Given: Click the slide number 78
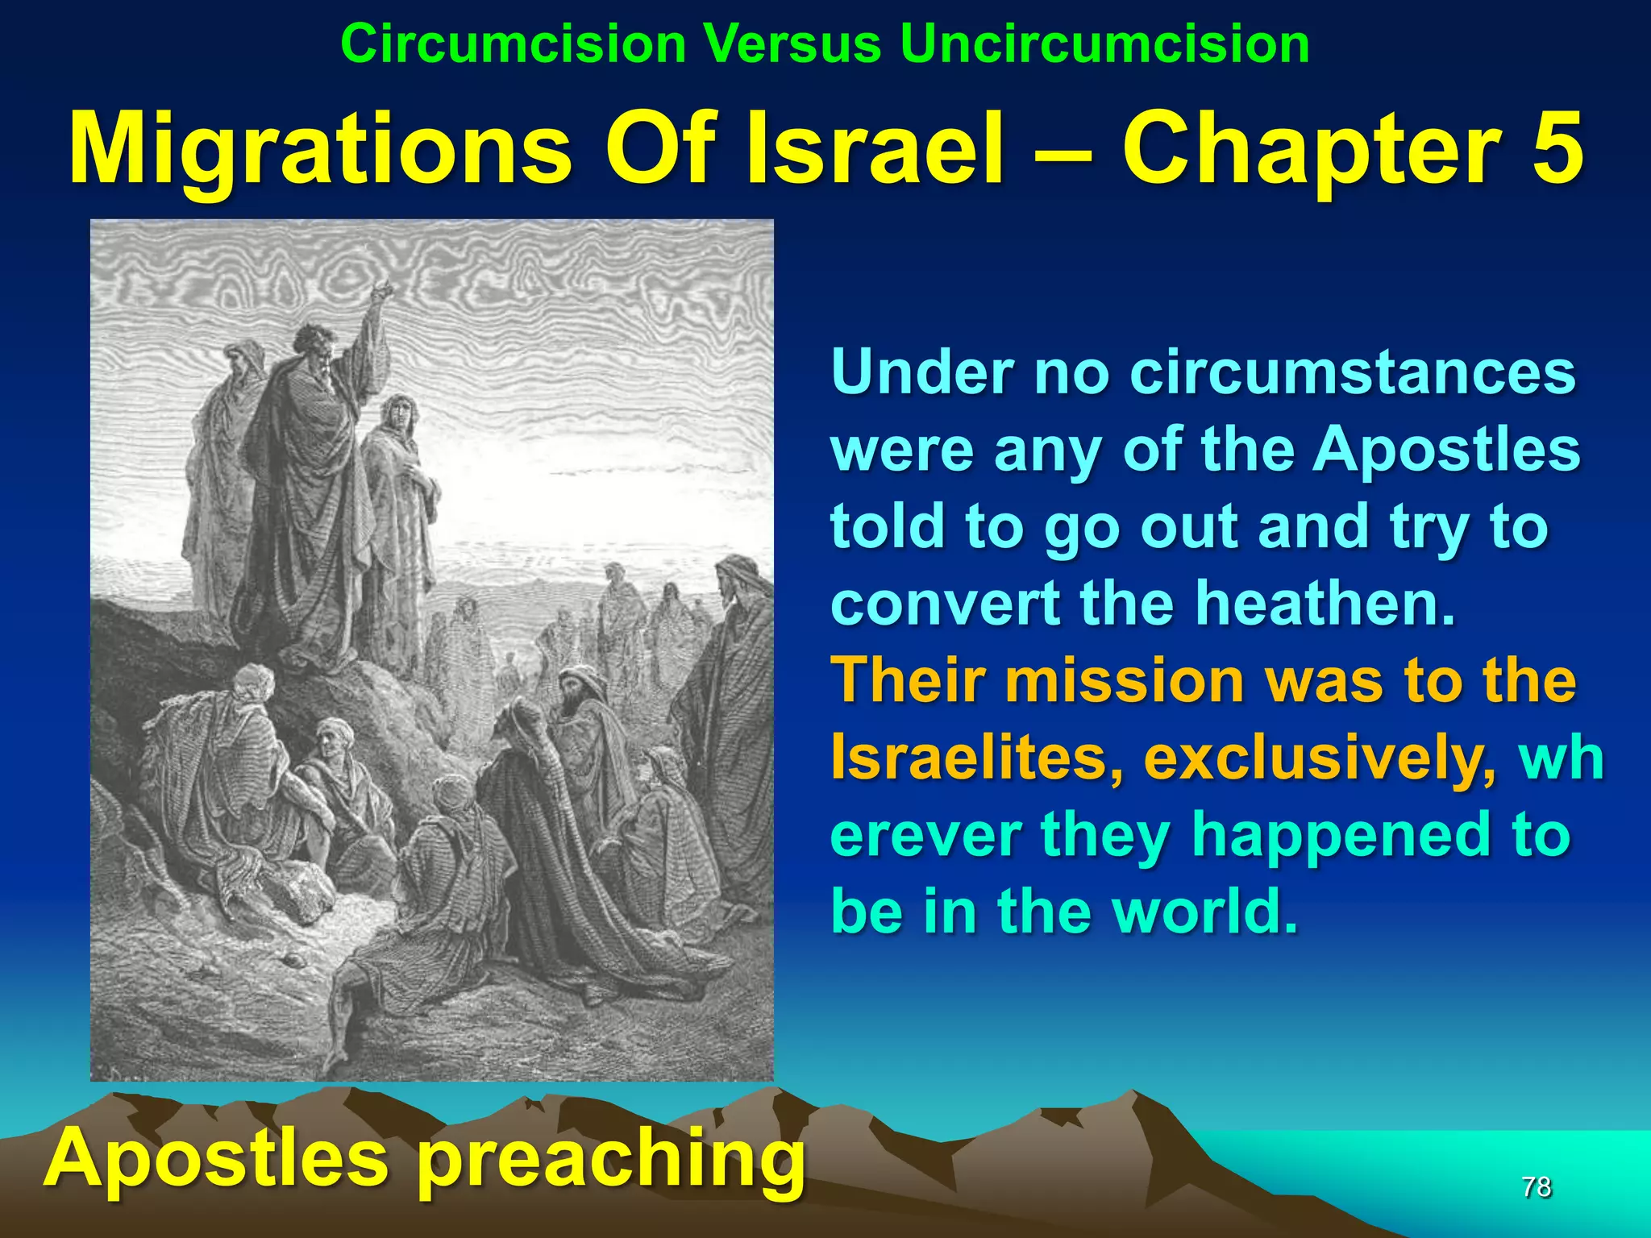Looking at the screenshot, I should click(x=1536, y=1186).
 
